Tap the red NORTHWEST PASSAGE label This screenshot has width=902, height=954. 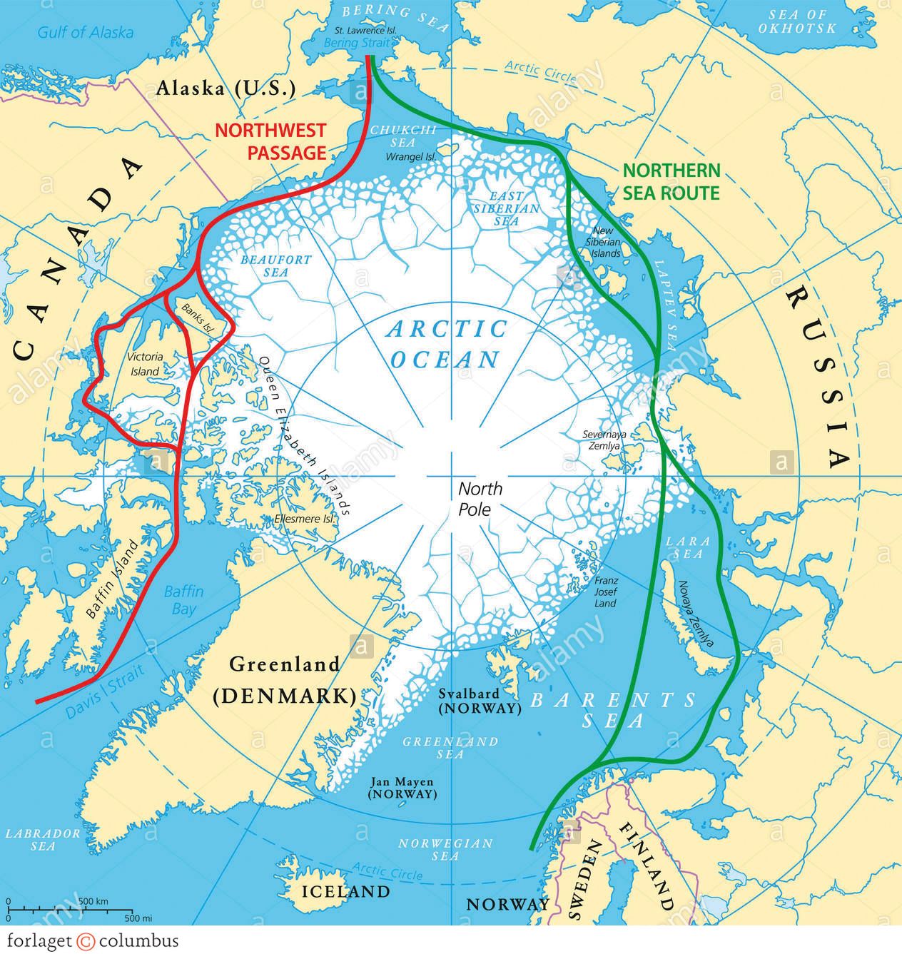(x=270, y=141)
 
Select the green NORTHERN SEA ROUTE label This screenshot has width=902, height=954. (x=671, y=181)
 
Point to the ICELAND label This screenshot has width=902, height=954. (x=346, y=891)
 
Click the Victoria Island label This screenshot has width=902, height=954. (x=145, y=364)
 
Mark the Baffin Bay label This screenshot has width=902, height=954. (x=183, y=600)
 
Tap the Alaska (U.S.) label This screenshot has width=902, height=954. (x=225, y=88)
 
